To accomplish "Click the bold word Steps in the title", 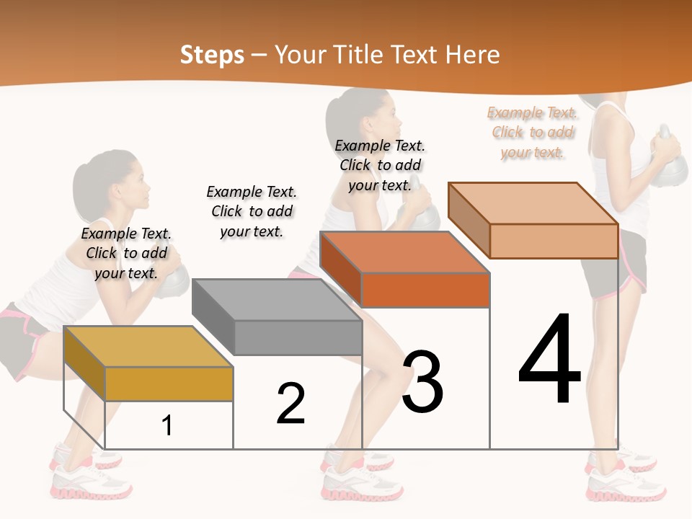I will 212,55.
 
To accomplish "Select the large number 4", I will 550,360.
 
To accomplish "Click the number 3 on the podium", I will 422,381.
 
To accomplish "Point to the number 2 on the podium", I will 291,404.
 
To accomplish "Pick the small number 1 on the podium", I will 167,425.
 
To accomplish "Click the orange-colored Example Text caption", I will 532,133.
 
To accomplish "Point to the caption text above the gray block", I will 252,211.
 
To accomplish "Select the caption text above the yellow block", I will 126,253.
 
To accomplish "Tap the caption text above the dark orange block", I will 380,165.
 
